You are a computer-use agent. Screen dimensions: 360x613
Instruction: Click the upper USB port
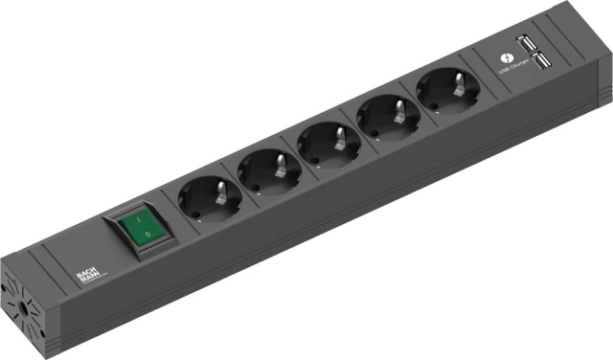tap(526, 43)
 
